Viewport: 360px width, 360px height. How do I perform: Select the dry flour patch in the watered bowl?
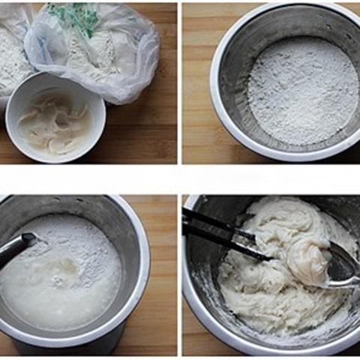[90, 247]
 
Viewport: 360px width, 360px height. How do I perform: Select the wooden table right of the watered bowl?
[161, 300]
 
